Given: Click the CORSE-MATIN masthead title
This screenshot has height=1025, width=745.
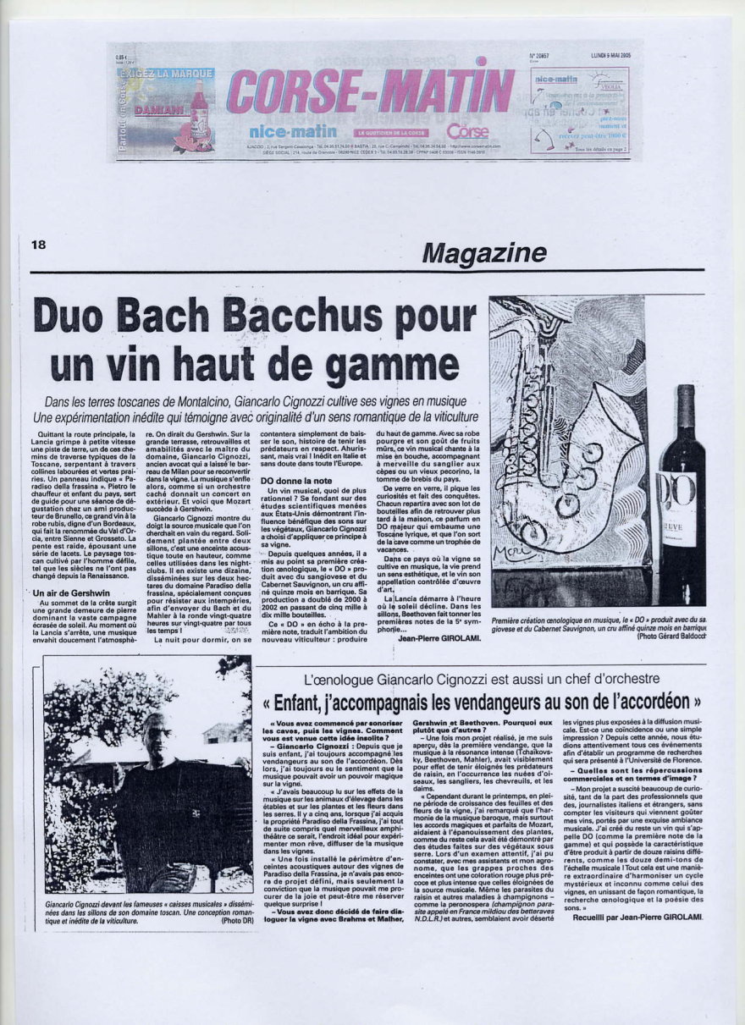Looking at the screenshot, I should tap(370, 91).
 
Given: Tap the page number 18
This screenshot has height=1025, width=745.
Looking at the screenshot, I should tap(38, 245).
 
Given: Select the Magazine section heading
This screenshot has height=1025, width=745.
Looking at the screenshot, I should tap(484, 252).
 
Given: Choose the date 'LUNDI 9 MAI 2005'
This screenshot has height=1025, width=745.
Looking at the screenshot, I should tap(611, 56).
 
